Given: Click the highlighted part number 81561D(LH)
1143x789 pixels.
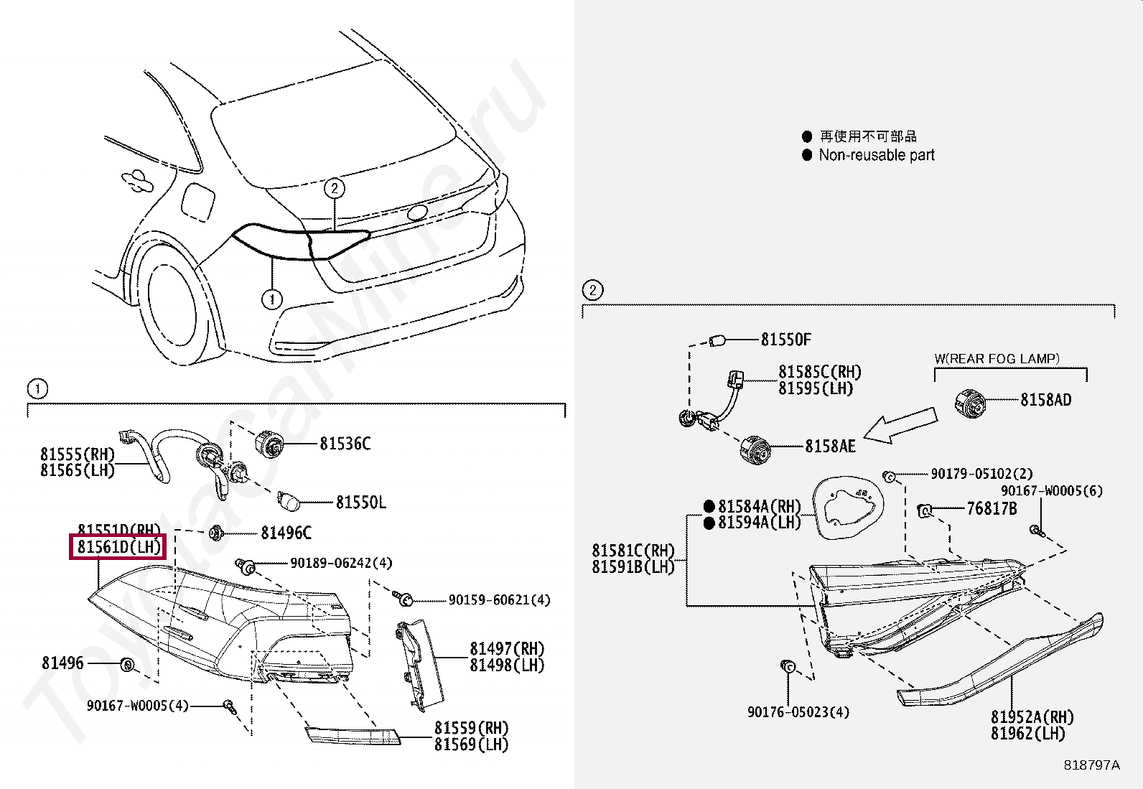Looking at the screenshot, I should coord(118,547).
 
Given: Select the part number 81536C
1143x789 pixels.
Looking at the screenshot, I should coord(345,444).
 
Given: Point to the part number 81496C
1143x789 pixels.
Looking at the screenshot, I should coord(286,533).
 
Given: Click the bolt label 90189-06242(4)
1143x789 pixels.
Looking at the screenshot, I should coord(341,563).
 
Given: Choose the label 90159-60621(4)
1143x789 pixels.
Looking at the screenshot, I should coord(499,599).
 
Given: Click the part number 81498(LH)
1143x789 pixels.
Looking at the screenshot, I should coord(507,666).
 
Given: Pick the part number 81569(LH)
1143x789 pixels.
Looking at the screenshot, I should coord(471,744).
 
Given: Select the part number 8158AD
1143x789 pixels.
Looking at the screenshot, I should coord(1045,400).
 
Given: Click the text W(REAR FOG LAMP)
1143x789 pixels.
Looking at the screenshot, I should coord(997,358).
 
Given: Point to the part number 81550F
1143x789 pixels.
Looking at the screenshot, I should coord(785,339).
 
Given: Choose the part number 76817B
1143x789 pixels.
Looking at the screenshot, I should coord(992,509).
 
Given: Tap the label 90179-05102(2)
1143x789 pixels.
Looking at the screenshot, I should coord(981,474).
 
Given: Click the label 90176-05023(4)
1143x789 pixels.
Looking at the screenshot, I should coord(798,711).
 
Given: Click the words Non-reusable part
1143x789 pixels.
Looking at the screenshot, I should coord(877,155).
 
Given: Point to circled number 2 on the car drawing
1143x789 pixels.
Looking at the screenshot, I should coord(334,188).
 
